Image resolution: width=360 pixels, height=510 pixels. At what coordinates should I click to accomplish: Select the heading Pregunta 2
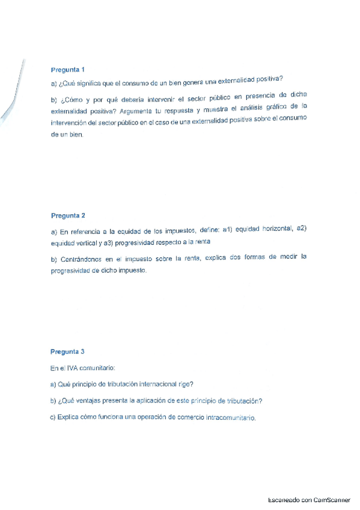click(68, 215)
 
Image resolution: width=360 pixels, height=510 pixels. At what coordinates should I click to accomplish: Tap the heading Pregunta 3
click(68, 351)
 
